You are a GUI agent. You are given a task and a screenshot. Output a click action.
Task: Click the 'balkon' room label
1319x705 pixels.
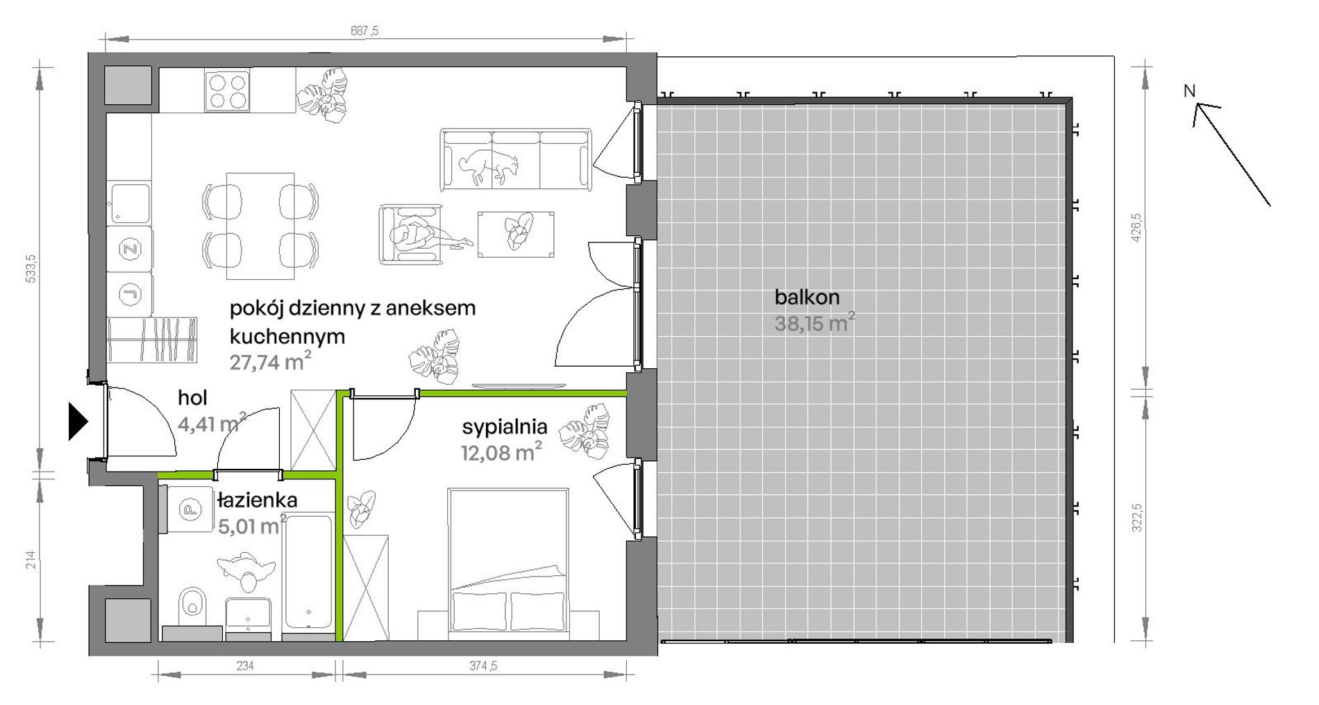[807, 297]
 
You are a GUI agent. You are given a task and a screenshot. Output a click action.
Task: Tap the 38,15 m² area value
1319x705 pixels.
[814, 323]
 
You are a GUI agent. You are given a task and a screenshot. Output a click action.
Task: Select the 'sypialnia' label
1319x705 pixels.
[505, 426]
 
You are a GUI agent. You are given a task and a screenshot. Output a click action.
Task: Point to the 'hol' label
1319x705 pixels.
[192, 398]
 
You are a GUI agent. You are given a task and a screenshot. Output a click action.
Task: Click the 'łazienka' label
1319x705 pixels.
[257, 500]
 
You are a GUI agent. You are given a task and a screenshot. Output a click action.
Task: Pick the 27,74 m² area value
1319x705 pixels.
[270, 361]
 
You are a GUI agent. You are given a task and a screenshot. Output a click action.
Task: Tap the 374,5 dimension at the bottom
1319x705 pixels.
[483, 665]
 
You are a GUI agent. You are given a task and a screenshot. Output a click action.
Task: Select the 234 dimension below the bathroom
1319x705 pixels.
[245, 665]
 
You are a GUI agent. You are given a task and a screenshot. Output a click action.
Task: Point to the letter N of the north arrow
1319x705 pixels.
[1190, 91]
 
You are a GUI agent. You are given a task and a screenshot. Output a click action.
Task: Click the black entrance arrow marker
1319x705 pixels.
[78, 422]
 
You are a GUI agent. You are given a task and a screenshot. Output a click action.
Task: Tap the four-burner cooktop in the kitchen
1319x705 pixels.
[227, 91]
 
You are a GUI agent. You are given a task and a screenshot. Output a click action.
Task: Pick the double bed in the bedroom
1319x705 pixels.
[509, 564]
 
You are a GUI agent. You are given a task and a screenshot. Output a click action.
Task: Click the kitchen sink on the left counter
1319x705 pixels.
[129, 204]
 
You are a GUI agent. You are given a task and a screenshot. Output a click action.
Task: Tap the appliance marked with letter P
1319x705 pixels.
[187, 510]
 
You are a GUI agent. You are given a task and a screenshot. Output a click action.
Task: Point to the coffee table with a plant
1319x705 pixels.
[516, 233]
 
